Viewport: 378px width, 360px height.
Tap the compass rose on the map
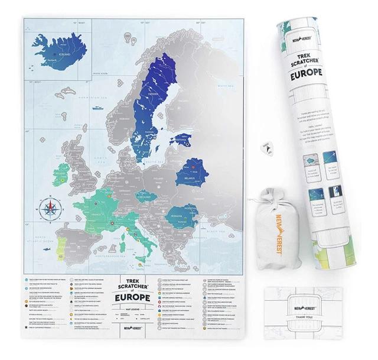[x=50, y=207]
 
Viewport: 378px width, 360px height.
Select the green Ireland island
[x=60, y=173]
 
